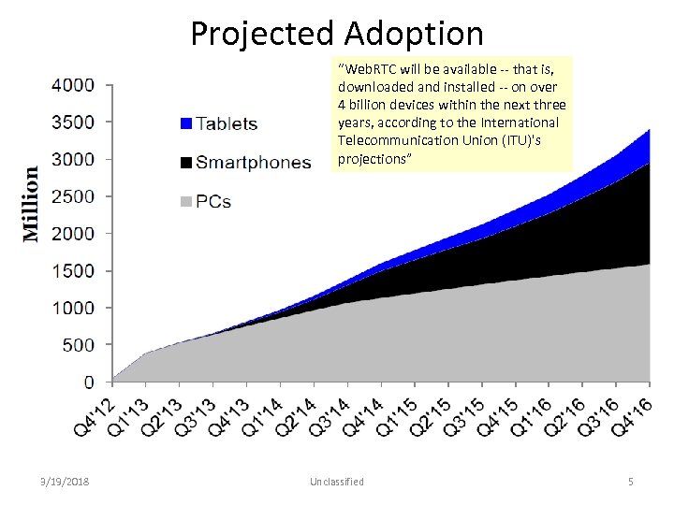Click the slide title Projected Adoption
click(337, 34)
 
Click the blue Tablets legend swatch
click(185, 123)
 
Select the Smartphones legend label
click(253, 163)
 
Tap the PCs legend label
click(214, 201)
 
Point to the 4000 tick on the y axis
click(72, 85)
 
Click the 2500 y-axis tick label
click(72, 196)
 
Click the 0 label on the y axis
click(88, 382)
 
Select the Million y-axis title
click(31, 204)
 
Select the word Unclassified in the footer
click(337, 482)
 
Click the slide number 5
click(630, 482)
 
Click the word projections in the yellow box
click(371, 158)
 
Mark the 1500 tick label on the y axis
click(72, 271)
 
